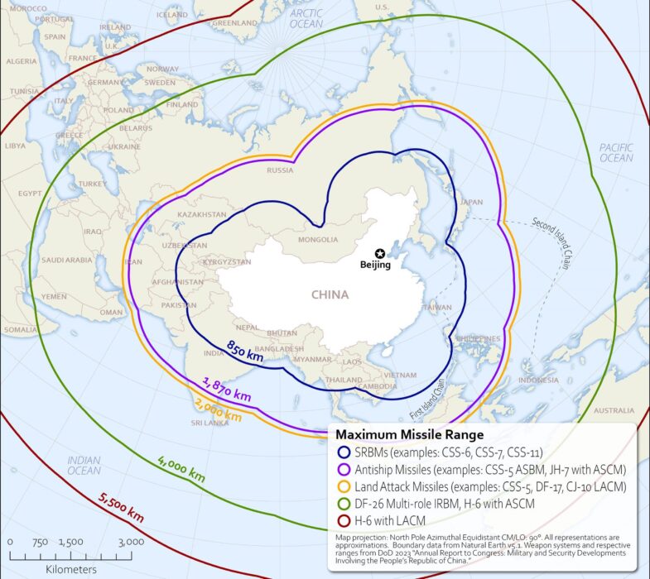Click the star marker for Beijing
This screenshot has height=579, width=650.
[x=379, y=253]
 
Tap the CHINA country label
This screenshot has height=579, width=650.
[x=330, y=294]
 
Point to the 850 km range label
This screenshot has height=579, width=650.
[x=244, y=352]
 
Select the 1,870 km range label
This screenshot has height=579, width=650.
[x=227, y=389]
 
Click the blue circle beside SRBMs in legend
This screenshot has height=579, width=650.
[x=343, y=453]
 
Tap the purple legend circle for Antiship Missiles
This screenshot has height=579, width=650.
[x=343, y=470]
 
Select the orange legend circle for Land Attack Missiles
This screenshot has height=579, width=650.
[x=343, y=486]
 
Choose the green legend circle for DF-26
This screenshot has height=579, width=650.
[x=343, y=503]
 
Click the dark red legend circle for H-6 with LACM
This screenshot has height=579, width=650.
[x=343, y=519]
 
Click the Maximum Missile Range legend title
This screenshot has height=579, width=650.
[x=408, y=434]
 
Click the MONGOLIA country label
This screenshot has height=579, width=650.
[x=318, y=241]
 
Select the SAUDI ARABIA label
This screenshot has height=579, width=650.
[x=68, y=260]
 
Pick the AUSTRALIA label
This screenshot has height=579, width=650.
[x=614, y=410]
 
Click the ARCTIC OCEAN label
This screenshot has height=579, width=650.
[x=306, y=19]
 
